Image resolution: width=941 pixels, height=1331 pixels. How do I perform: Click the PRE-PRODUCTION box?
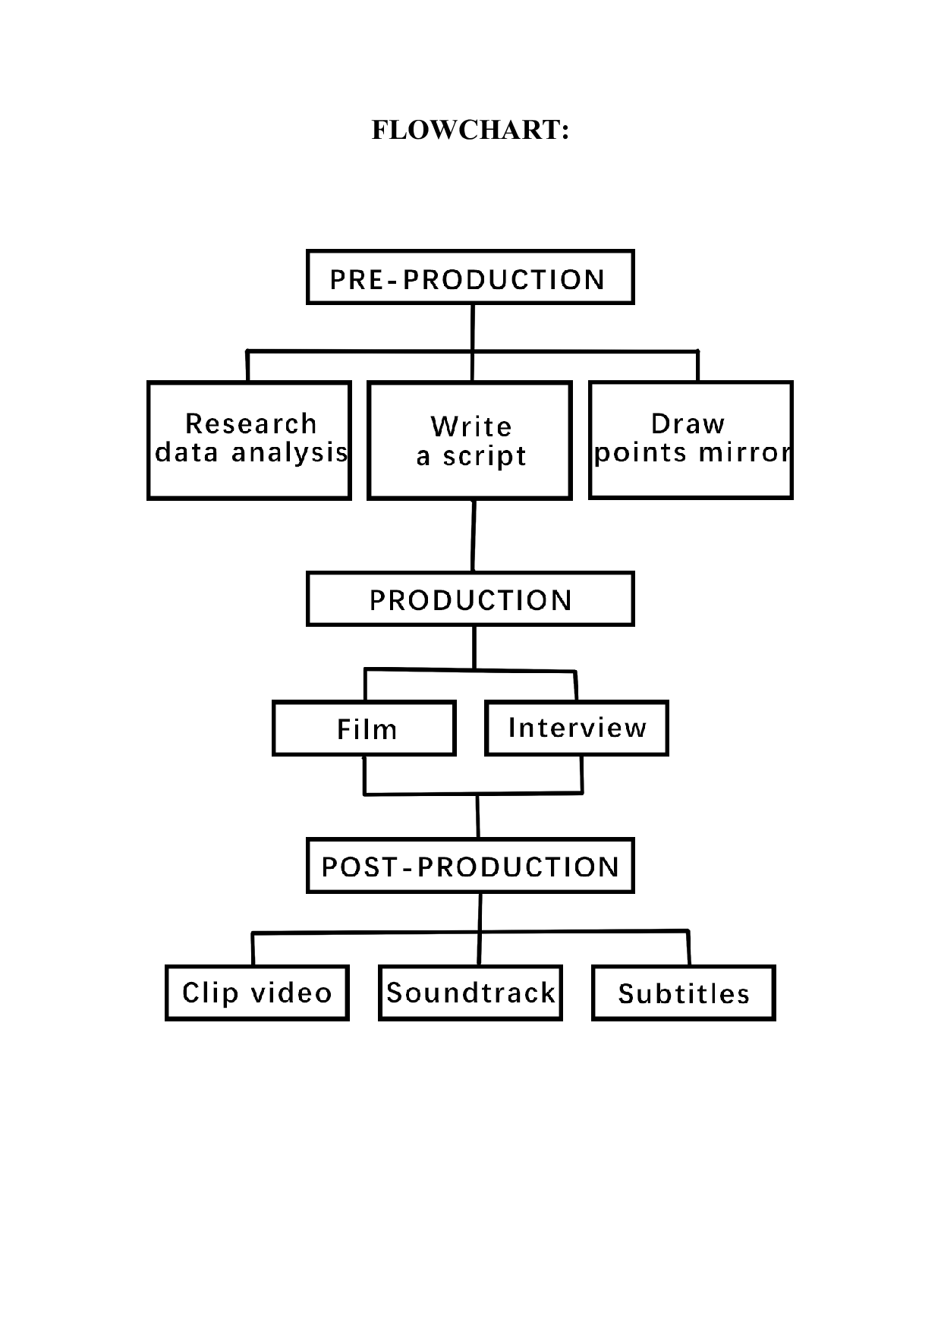click(470, 278)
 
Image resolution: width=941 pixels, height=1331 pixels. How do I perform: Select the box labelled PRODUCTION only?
click(470, 599)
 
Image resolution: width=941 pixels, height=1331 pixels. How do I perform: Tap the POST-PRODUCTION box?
click(470, 866)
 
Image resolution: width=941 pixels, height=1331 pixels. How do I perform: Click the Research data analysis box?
click(249, 440)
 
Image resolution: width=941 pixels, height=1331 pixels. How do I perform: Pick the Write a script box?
click(470, 441)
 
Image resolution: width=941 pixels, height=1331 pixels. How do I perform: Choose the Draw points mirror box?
click(691, 440)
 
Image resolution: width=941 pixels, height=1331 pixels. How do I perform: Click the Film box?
click(364, 728)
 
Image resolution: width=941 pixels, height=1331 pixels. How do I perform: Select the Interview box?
click(577, 728)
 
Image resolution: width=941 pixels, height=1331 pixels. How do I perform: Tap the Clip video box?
click(256, 993)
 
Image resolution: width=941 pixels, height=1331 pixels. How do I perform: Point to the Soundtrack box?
click(470, 993)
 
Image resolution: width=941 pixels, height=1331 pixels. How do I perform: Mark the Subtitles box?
click(683, 993)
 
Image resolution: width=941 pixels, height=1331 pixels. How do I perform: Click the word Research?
click(250, 423)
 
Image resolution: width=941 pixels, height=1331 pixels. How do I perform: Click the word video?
click(291, 993)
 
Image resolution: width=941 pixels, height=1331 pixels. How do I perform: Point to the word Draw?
click(688, 423)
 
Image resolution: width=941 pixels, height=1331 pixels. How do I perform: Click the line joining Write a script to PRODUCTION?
click(474, 536)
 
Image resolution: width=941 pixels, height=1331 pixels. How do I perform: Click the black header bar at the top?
click(470, 140)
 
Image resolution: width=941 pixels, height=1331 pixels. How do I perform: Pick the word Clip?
click(211, 993)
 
